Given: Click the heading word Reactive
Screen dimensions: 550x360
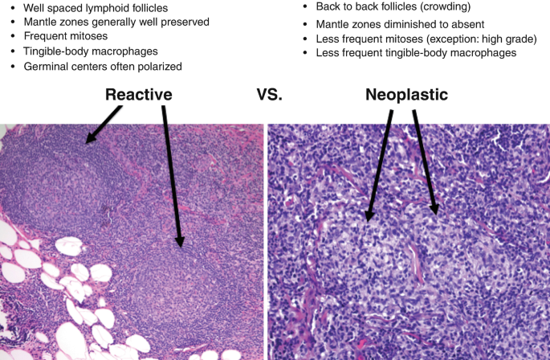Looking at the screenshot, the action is pos(139,95).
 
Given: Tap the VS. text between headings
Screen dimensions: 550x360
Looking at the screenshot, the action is pos(271,95).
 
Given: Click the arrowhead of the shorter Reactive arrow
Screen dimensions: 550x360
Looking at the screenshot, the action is pos(89,141).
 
